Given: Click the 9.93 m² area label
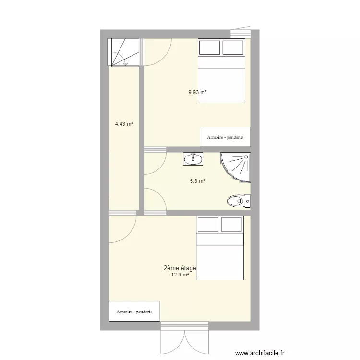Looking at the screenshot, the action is [197, 92].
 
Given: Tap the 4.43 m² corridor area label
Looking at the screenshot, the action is [124, 124].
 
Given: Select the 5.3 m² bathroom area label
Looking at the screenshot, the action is [197, 181].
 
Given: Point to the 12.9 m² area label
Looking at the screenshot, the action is [180, 275].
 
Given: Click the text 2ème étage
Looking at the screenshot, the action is [180, 268].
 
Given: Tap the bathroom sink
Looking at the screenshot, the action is [193, 159].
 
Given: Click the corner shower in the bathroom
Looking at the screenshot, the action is [235, 168].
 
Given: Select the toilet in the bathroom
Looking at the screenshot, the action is [239, 201].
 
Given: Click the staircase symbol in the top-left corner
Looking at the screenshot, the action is [123, 52].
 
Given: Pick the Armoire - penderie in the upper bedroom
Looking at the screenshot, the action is [225, 137].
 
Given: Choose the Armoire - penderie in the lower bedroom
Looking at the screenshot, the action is [134, 312].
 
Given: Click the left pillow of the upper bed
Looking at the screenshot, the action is [209, 48].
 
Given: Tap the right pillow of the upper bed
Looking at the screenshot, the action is [233, 48].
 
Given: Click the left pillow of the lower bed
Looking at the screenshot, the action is [208, 225].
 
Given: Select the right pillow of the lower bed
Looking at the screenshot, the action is [231, 225].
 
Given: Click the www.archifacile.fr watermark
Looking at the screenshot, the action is [260, 353].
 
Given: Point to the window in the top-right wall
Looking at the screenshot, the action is [240, 32].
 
